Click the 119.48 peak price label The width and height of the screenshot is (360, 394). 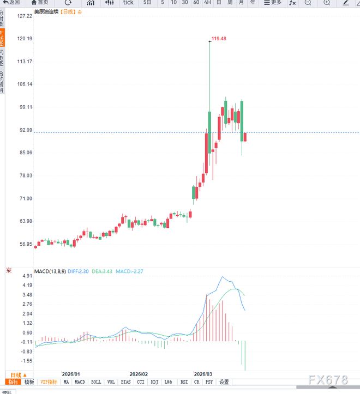pos(218,39)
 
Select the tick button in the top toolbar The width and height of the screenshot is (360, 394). pos(128,3)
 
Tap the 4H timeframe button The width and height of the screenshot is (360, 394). pos(207,3)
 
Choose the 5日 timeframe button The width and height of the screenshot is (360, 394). pos(148,3)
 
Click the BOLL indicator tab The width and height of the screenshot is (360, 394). pos(96,382)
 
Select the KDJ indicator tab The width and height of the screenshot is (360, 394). pos(154,382)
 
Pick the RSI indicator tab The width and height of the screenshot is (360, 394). pos(184,382)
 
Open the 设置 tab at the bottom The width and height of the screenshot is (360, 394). pos(224,382)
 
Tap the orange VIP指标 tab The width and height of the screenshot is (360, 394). pos(49,382)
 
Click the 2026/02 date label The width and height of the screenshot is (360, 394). pos(139,374)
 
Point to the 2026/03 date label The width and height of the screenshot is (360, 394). pos(204,374)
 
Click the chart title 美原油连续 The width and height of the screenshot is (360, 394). pos(46,11)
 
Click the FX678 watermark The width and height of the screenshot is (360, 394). pos(328,380)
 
